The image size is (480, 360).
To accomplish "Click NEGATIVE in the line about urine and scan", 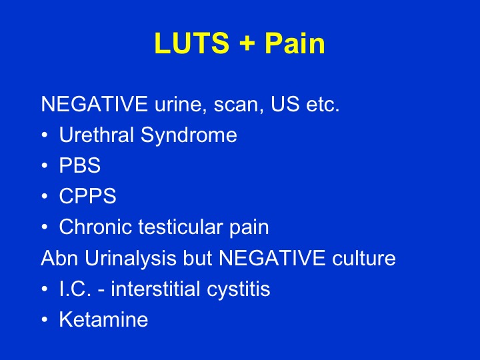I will pyautogui.click(x=93, y=105).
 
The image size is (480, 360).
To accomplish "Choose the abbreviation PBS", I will pyautogui.click(x=79, y=166).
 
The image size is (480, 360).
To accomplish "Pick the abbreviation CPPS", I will pyautogui.click(x=87, y=197).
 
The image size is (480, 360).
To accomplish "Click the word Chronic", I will pyautogui.click(x=96, y=227).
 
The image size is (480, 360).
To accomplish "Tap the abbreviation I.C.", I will pyautogui.click(x=75, y=289).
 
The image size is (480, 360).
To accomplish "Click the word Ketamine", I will pyautogui.click(x=103, y=320).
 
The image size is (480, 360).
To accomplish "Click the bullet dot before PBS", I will pyautogui.click(x=44, y=167).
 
